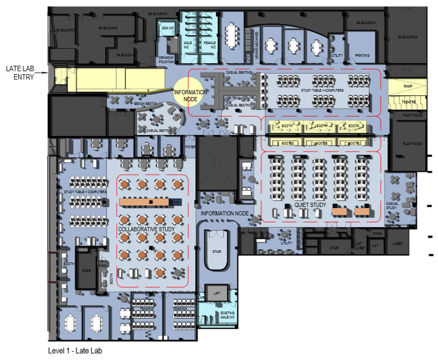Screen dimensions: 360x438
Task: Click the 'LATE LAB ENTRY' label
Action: point(19,72)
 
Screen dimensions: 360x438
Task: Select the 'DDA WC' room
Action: point(168,28)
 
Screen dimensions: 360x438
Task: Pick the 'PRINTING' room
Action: point(362,56)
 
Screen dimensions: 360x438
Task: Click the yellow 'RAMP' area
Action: point(400,86)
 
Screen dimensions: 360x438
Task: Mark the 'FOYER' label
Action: point(190,147)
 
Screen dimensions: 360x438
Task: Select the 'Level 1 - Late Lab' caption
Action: point(75,351)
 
